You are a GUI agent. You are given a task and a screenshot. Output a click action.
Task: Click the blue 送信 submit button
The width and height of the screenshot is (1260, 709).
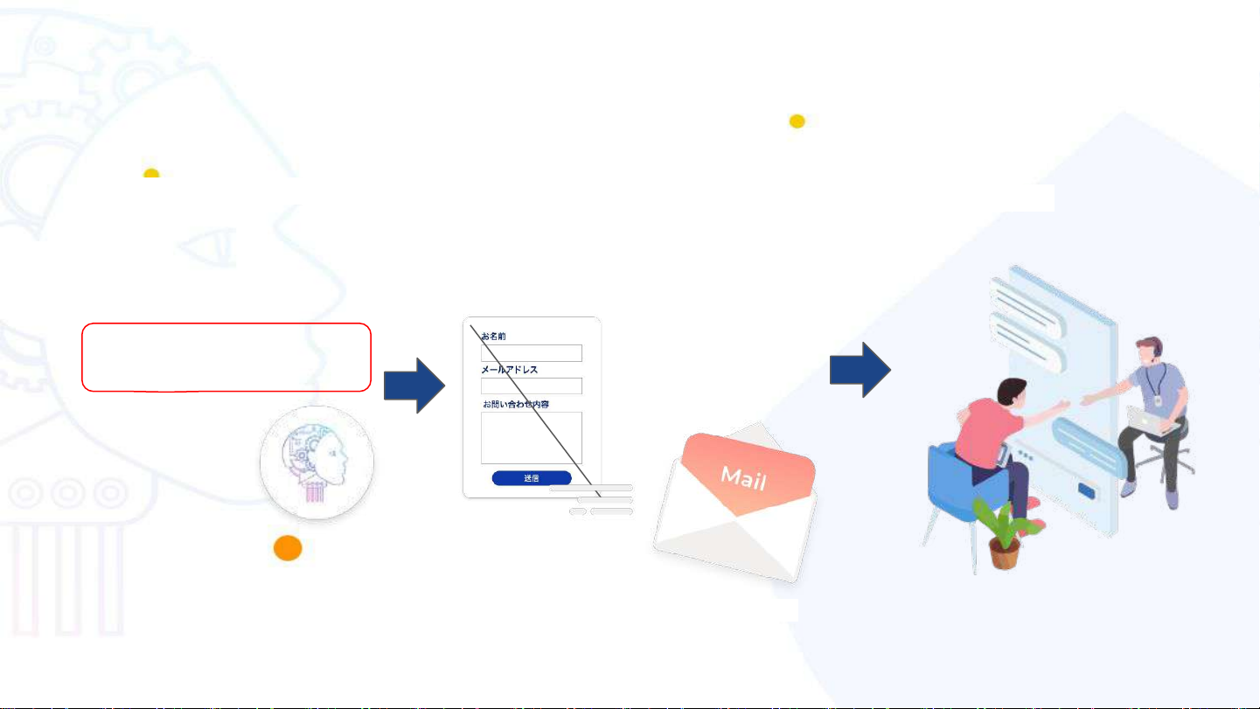tap(532, 478)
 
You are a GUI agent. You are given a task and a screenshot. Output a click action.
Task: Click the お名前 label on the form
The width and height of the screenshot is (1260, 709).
tap(494, 336)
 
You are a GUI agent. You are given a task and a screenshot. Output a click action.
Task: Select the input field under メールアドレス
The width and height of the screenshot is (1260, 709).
tap(532, 386)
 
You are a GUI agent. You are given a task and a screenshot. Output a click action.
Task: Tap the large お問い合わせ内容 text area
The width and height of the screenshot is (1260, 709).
tap(532, 437)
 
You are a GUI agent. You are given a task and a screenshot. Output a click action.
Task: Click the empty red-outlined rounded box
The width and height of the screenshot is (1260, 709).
tap(226, 357)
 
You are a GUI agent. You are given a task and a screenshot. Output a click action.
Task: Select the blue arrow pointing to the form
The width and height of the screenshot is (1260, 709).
tap(414, 385)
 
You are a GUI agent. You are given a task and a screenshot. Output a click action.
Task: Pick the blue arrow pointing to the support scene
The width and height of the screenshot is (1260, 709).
tap(860, 370)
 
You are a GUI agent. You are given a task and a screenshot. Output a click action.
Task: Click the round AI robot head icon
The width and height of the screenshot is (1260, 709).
tap(317, 463)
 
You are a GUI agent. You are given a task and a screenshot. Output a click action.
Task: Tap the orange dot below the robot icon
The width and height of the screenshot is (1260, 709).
tap(288, 548)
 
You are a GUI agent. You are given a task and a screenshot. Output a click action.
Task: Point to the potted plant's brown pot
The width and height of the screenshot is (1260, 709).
tap(1004, 553)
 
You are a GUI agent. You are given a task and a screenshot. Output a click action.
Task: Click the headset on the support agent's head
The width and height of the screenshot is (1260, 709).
tap(1157, 349)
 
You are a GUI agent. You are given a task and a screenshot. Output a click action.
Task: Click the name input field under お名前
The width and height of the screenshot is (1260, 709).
tap(532, 353)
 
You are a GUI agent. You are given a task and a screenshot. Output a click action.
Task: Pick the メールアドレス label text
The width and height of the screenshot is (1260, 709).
tap(510, 370)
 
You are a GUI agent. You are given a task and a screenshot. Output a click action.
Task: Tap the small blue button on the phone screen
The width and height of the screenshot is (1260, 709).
tap(1088, 490)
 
